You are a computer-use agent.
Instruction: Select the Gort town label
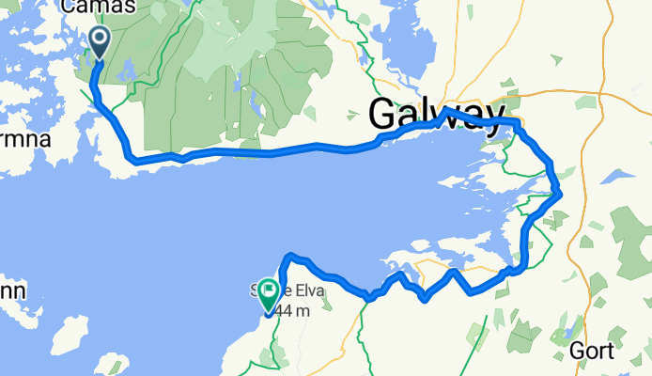click(x=593, y=352)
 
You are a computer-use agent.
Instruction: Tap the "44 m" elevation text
click(x=292, y=310)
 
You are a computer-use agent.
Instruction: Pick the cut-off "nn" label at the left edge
click(x=18, y=290)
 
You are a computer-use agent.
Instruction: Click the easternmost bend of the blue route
click(x=561, y=193)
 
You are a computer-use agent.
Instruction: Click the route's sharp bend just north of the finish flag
click(x=288, y=255)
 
